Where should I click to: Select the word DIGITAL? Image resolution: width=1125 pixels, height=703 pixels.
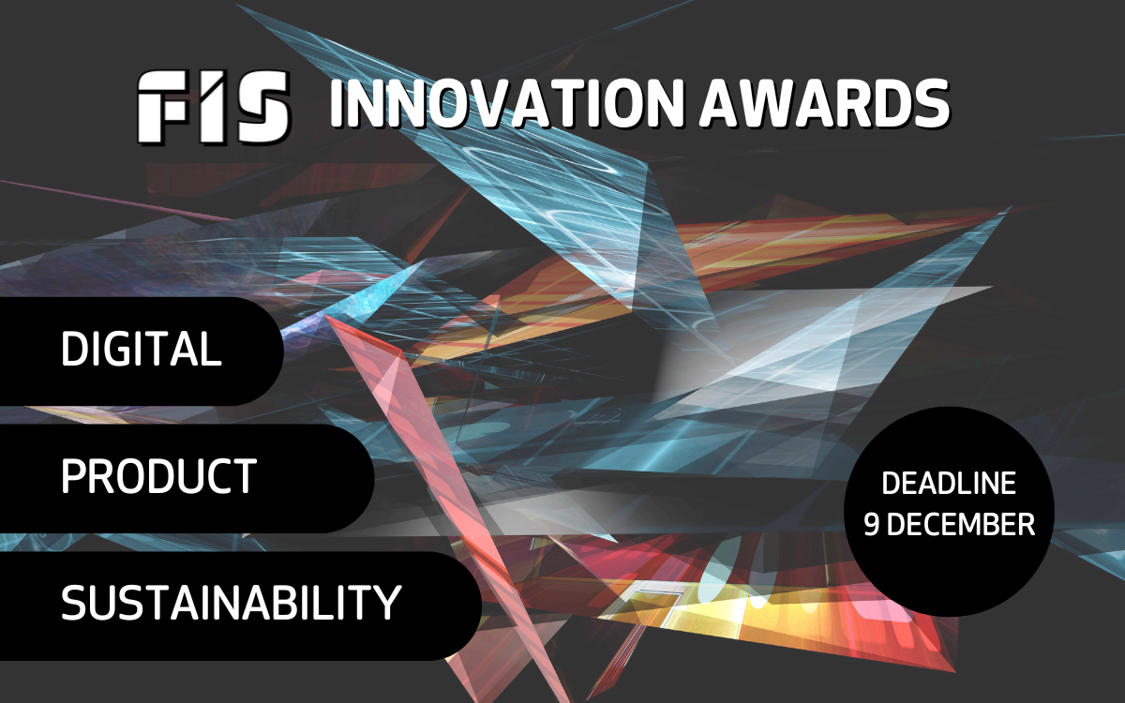[142, 350]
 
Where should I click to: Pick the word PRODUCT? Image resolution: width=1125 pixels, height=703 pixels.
[158, 476]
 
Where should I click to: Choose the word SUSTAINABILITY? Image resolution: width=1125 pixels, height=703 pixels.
[231, 603]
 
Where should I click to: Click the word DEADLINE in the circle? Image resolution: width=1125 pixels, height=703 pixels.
[949, 484]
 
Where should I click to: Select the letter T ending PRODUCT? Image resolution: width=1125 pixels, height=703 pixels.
[244, 476]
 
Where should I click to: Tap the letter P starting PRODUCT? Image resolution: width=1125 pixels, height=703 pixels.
[74, 476]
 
